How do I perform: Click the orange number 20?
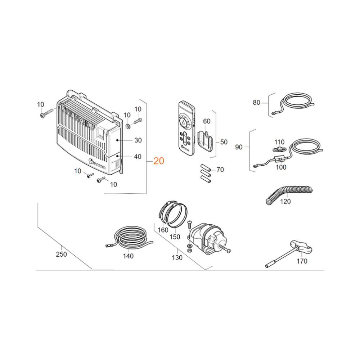[x=159, y=161]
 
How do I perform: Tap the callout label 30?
[x=138, y=140]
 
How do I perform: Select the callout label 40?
[x=138, y=157]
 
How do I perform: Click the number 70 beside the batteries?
[x=220, y=170]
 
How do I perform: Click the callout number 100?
[x=281, y=167]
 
